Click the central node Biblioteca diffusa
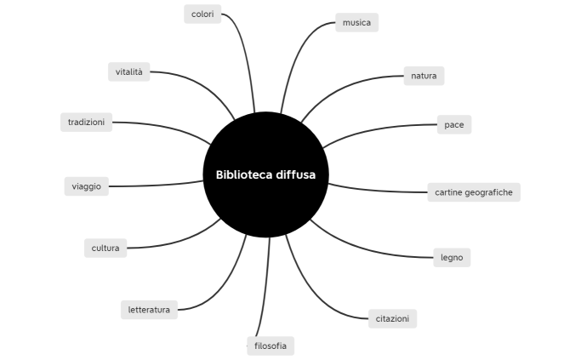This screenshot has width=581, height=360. (x=265, y=174)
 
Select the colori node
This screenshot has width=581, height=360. (x=202, y=14)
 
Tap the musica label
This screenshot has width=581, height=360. (x=356, y=23)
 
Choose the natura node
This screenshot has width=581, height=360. (x=424, y=76)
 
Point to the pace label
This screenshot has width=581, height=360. (x=453, y=124)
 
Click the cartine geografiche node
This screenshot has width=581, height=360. (x=473, y=192)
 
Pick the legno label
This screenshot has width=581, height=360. (x=452, y=257)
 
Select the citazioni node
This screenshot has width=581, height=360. (x=392, y=319)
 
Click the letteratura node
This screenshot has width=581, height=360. (x=149, y=310)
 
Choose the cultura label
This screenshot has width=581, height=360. (x=106, y=249)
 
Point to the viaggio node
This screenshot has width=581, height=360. (x=87, y=186)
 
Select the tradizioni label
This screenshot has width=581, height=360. (x=87, y=123)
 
